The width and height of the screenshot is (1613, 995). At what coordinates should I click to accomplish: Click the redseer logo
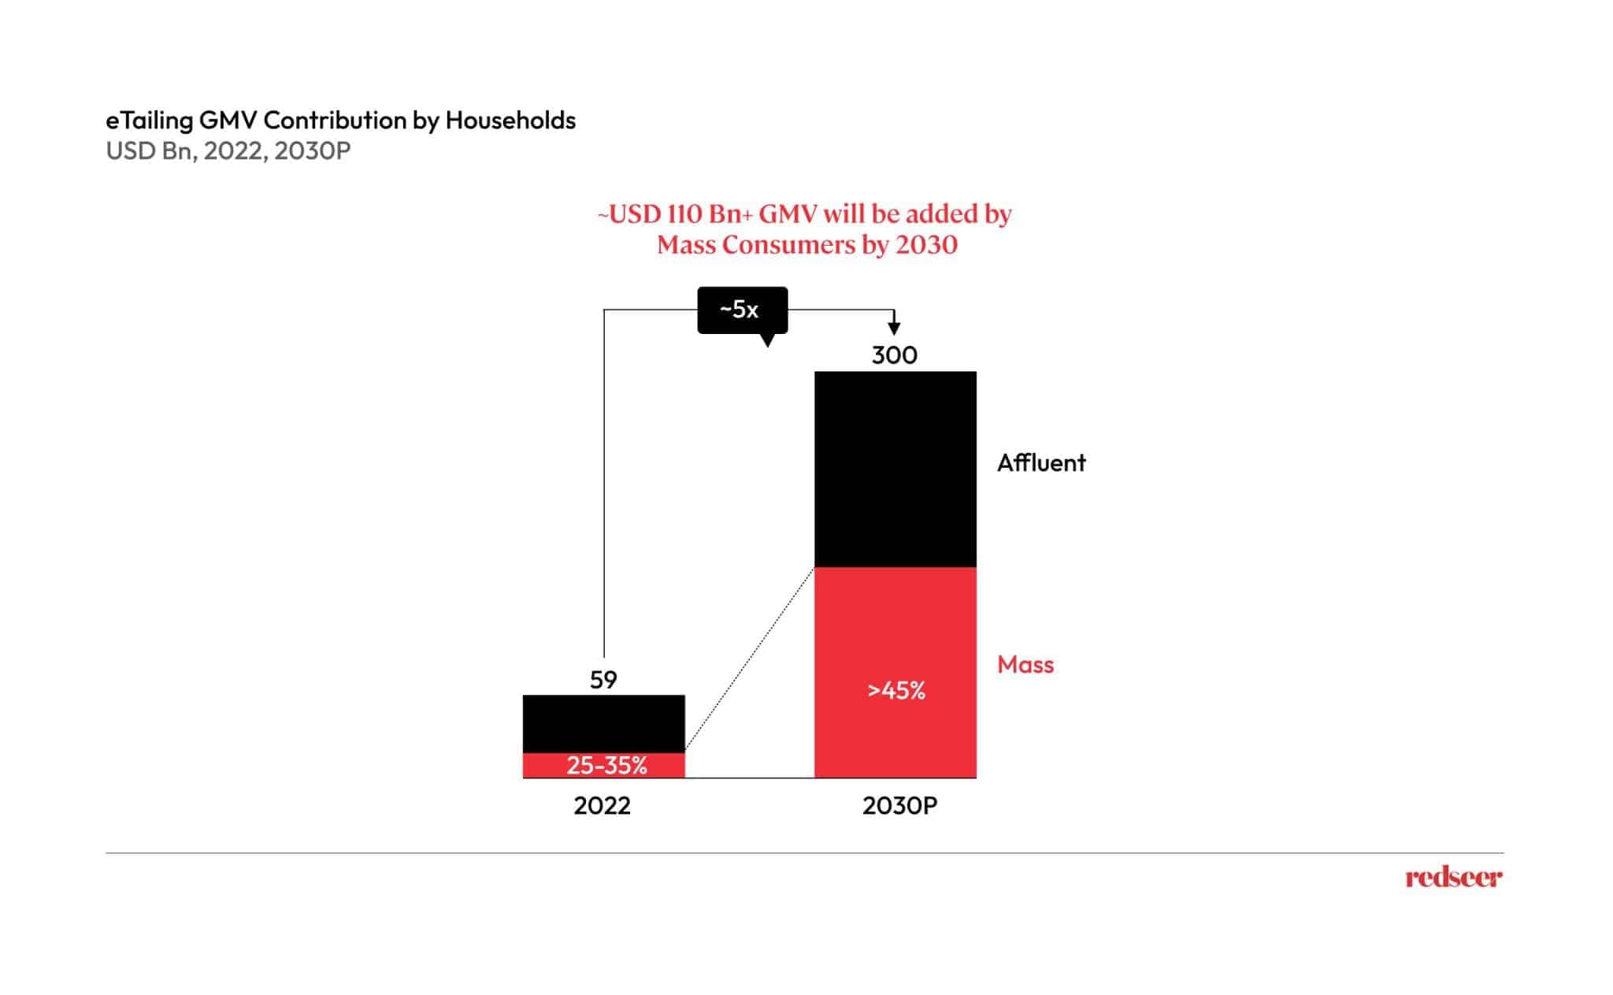click(x=1453, y=878)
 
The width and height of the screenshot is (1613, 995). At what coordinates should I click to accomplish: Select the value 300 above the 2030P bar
click(x=894, y=355)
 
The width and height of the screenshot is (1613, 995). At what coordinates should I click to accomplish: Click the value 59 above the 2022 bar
click(x=603, y=679)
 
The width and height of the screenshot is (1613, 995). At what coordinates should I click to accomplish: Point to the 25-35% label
click(x=606, y=765)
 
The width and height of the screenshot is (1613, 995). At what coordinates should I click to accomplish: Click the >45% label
click(x=895, y=691)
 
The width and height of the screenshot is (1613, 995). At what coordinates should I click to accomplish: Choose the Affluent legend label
click(x=1040, y=462)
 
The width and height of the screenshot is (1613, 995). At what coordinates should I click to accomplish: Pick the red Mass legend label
click(x=1025, y=665)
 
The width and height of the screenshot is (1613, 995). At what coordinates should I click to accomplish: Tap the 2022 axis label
click(x=602, y=806)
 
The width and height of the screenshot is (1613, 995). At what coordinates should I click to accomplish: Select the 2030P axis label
click(x=899, y=806)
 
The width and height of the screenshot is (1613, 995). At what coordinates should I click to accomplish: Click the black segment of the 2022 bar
click(x=603, y=723)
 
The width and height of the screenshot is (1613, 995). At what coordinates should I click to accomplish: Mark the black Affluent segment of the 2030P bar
click(x=895, y=469)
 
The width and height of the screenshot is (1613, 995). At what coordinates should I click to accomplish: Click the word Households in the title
click(x=510, y=121)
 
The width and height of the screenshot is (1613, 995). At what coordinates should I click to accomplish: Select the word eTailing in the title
click(x=149, y=121)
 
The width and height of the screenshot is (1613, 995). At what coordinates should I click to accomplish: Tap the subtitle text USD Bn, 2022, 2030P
click(x=228, y=150)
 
